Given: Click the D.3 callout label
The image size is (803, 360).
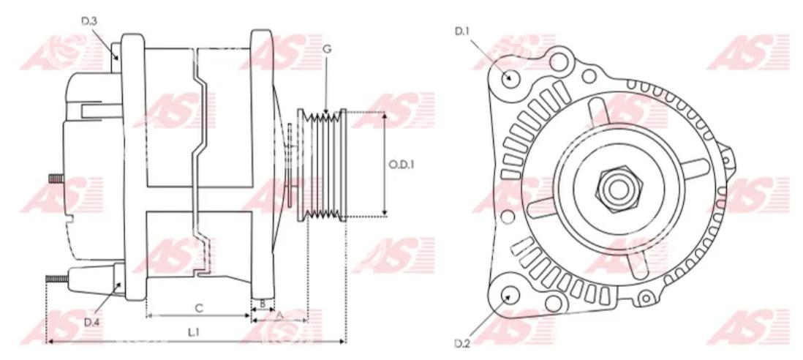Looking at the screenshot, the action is click(x=89, y=21).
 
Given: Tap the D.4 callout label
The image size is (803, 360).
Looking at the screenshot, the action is click(x=91, y=322).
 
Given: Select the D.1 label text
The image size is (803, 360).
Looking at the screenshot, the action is click(x=462, y=31).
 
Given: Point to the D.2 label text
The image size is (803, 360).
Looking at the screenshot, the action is click(x=462, y=343).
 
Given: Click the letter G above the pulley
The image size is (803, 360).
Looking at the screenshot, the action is click(x=327, y=49).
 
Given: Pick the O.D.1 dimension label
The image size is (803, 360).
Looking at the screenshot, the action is click(x=401, y=165).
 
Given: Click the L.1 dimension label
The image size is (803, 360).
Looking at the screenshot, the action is click(x=193, y=332).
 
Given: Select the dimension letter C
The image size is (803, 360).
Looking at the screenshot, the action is click(x=200, y=308).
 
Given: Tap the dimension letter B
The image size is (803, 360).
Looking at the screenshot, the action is click(x=263, y=303).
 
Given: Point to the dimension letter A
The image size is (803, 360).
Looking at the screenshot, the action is click(x=279, y=315).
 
